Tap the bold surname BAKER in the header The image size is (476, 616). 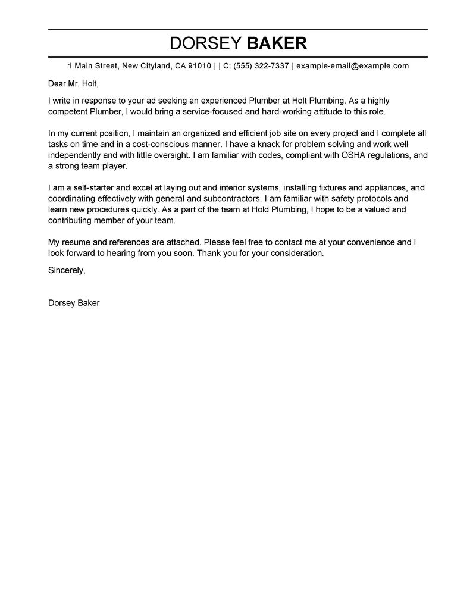pyautogui.click(x=277, y=43)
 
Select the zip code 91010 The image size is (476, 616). pyautogui.click(x=199, y=66)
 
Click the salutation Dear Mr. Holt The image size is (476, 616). pyautogui.click(x=73, y=83)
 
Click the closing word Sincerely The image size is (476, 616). pyautogui.click(x=67, y=270)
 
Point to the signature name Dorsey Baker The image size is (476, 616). pyautogui.click(x=74, y=302)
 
